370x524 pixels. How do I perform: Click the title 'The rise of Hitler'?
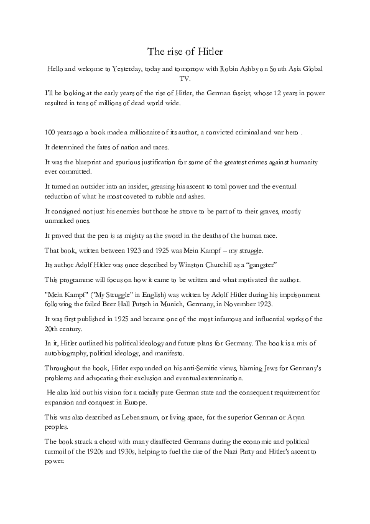point(185,51)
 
